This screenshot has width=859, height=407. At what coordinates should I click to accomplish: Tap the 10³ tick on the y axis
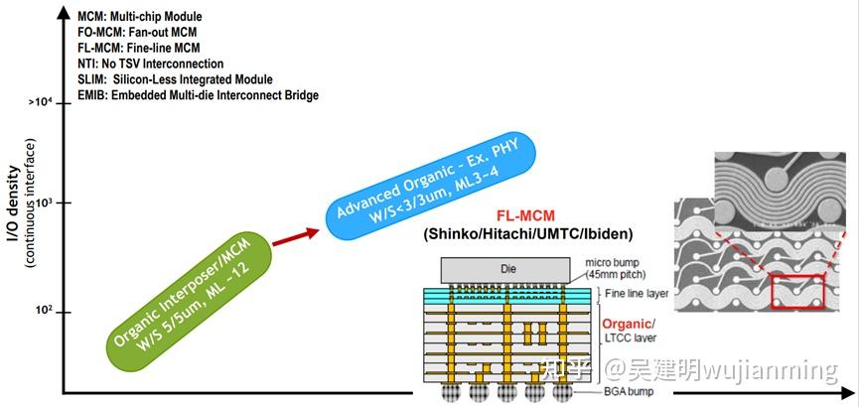click(45, 203)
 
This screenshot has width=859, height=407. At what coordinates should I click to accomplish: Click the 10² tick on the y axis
click(45, 312)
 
